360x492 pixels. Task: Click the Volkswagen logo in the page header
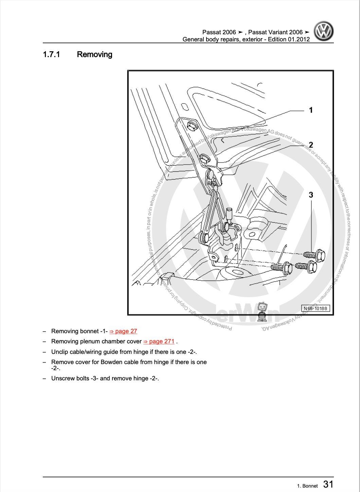pos(323,31)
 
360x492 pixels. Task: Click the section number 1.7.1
pos(51,54)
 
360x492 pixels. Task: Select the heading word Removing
pos(94,54)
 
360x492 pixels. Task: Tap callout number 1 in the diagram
pos(310,110)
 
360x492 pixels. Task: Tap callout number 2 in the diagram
pos(310,145)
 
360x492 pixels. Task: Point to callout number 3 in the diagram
pos(310,195)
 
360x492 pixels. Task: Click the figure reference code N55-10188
pos(316,308)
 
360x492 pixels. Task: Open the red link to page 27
pos(123,331)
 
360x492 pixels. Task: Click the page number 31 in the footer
pos(328,484)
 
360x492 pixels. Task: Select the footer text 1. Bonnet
pos(307,486)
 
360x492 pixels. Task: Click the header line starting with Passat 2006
pos(255,32)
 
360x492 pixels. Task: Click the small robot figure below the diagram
pos(262,312)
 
